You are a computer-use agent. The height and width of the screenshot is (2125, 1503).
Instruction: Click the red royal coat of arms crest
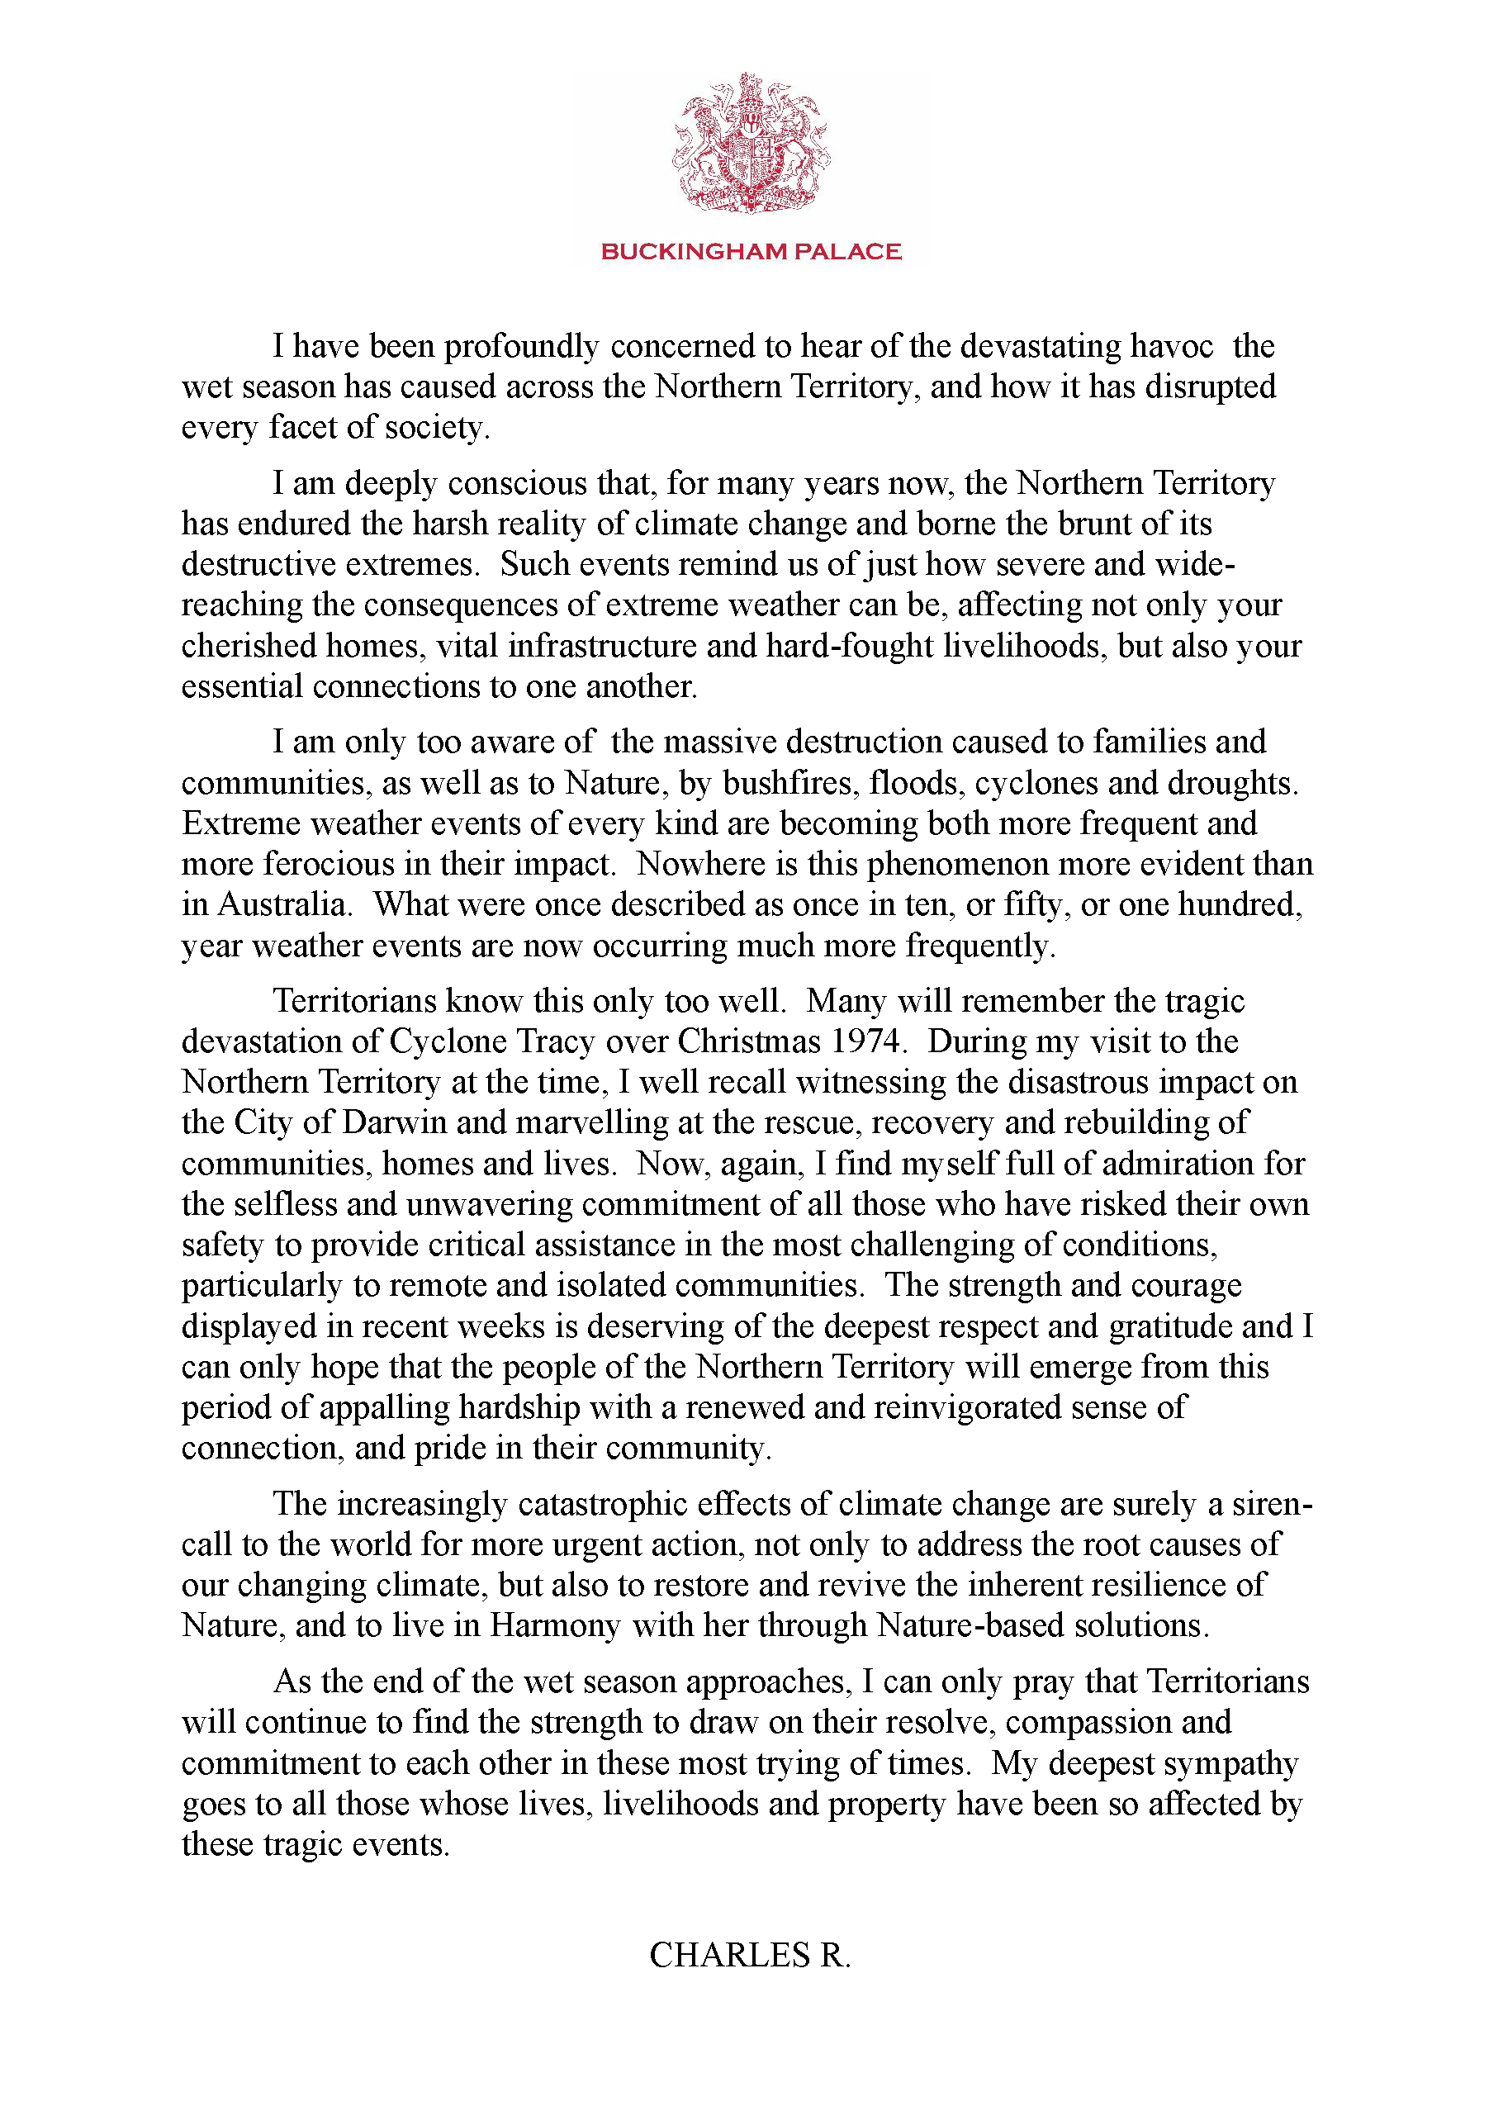tap(751, 144)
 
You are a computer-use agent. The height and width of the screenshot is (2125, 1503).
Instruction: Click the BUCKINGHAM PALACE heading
tap(751, 252)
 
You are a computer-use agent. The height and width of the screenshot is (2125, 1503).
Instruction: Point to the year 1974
tap(866, 1042)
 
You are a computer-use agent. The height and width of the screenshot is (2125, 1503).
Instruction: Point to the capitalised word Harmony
tap(554, 1626)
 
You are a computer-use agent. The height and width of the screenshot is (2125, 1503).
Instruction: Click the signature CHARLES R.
tap(750, 1956)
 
